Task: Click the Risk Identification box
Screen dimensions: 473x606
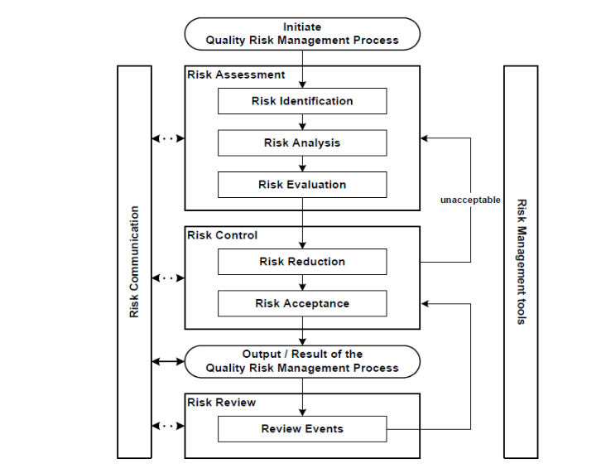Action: click(302, 101)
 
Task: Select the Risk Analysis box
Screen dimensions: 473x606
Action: click(302, 142)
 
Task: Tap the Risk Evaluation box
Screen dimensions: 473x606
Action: click(302, 185)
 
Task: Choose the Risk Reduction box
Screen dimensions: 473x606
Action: click(302, 262)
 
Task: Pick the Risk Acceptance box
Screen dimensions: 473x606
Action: click(302, 303)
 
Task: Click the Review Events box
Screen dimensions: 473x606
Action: click(302, 429)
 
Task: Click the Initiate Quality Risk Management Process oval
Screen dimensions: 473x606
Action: click(302, 34)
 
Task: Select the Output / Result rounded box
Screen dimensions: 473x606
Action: click(302, 361)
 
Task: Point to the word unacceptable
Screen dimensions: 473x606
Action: click(470, 200)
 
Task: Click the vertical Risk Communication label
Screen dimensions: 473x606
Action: click(134, 262)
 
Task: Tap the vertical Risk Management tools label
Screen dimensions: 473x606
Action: click(521, 262)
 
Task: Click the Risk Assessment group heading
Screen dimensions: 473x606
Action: click(237, 75)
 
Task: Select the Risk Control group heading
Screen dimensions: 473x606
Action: click(223, 235)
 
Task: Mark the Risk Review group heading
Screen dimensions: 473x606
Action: click(222, 403)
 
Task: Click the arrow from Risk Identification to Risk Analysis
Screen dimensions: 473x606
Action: click(302, 122)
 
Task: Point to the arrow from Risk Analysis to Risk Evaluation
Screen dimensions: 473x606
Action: click(302, 163)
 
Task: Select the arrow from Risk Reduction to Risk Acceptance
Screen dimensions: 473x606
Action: click(302, 282)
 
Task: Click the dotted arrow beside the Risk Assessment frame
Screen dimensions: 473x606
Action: click(168, 138)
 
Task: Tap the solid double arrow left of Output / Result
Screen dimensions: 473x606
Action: click(168, 361)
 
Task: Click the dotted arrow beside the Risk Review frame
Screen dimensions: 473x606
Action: click(168, 426)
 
